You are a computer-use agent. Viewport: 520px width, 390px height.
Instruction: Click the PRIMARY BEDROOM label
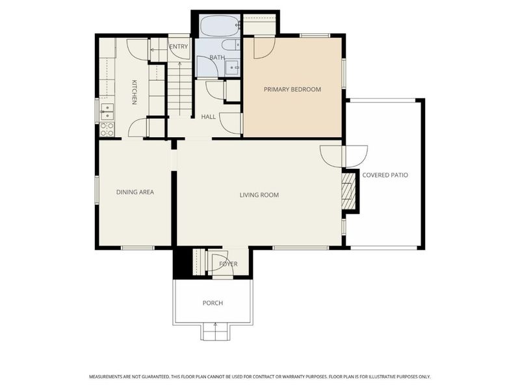tap(292, 89)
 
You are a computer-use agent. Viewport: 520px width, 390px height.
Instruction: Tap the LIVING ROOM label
tap(259, 195)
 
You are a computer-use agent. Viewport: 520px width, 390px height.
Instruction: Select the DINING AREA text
tap(135, 192)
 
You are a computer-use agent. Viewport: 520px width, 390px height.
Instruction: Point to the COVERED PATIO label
tap(385, 175)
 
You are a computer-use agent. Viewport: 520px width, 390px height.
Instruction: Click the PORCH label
tap(213, 303)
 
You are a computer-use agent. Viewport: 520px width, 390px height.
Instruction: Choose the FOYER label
tap(228, 264)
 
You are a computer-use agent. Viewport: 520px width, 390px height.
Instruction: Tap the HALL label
tap(208, 117)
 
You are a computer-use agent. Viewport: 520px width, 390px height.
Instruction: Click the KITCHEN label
tap(135, 92)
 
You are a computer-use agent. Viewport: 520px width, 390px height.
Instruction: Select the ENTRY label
tap(178, 47)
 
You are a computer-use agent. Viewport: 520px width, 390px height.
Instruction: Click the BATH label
tap(217, 57)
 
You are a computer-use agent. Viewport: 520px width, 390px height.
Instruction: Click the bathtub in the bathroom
tap(220, 25)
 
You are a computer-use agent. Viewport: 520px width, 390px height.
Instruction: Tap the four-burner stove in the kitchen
tap(107, 129)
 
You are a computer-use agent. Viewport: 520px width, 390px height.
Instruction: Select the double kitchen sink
tap(107, 112)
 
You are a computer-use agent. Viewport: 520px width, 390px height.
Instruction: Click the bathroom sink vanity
tap(233, 68)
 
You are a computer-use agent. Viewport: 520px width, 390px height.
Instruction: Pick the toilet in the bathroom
tap(231, 44)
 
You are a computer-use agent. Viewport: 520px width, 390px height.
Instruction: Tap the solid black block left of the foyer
tap(183, 262)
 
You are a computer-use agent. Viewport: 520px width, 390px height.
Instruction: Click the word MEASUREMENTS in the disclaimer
tap(105, 377)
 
